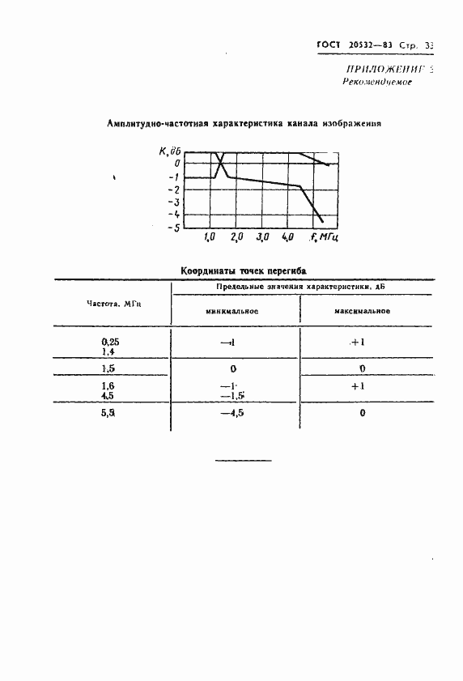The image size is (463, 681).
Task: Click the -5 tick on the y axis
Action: pyautogui.click(x=173, y=228)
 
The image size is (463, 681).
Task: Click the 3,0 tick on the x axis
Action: pyautogui.click(x=262, y=238)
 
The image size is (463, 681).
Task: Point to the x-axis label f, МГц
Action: pyautogui.click(x=324, y=238)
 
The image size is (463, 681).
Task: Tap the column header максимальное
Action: pyautogui.click(x=363, y=311)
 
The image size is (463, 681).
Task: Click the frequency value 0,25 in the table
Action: pyautogui.click(x=107, y=341)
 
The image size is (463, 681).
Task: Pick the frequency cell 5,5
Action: pyautogui.click(x=108, y=413)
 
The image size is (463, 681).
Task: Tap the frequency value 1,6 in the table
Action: pyautogui.click(x=108, y=385)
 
